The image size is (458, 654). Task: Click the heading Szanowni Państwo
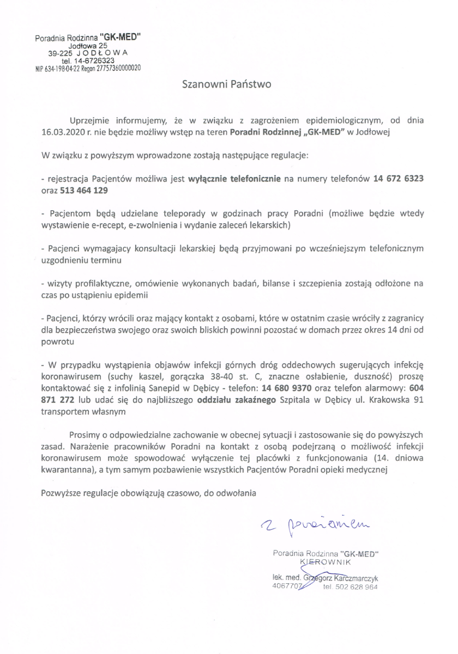pos(226,85)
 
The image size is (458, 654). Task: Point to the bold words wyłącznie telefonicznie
pos(234,179)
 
